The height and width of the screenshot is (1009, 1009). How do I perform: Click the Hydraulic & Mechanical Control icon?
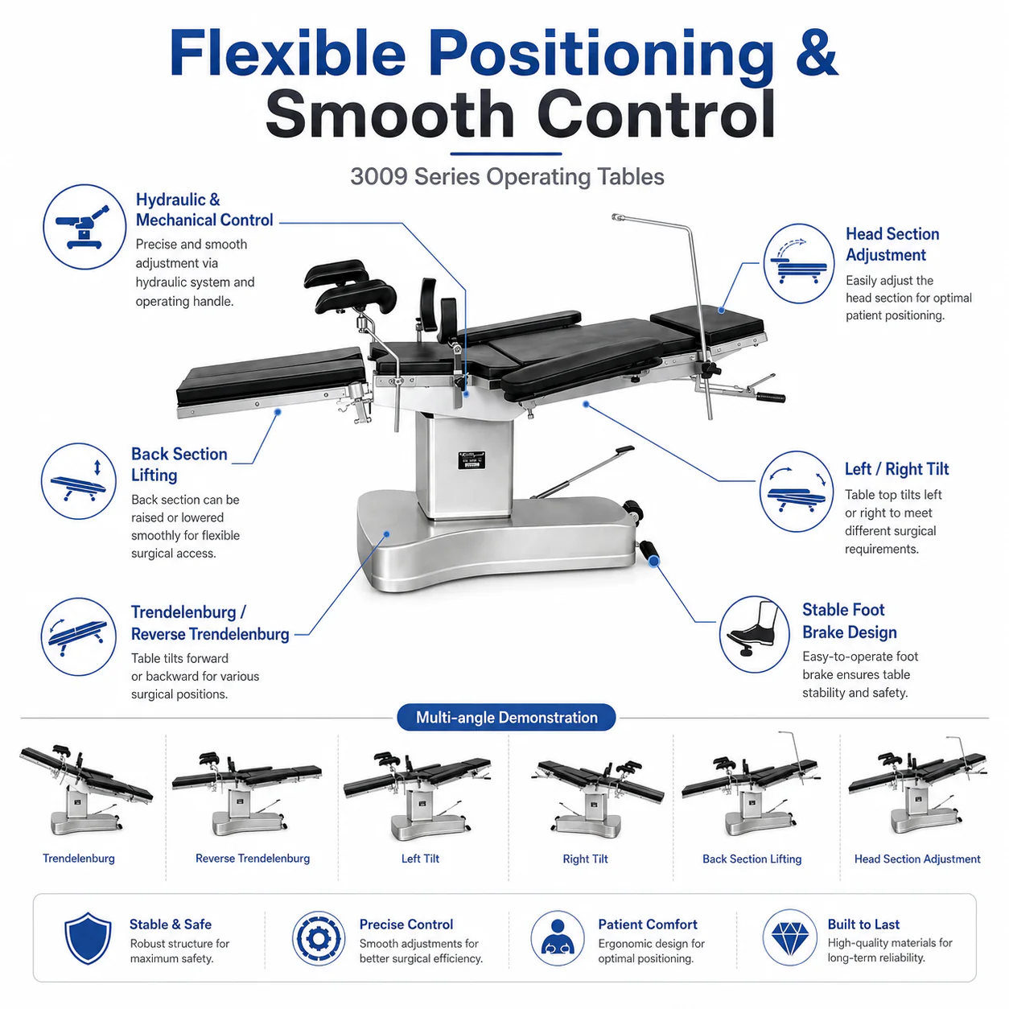click(x=84, y=227)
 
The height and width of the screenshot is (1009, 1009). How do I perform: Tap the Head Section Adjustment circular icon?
click(x=798, y=263)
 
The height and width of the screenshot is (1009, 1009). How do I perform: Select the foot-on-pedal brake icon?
click(x=753, y=633)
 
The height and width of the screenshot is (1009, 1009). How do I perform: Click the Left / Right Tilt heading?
click(x=896, y=469)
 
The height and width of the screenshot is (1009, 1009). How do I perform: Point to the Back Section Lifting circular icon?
click(x=79, y=481)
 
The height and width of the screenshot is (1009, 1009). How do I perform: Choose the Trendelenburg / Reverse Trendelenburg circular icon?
click(x=79, y=636)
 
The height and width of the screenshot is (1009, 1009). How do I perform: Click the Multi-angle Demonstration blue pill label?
click(x=506, y=717)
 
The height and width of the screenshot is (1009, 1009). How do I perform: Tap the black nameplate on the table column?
click(x=472, y=460)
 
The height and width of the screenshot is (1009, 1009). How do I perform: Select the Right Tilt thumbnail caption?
click(x=586, y=859)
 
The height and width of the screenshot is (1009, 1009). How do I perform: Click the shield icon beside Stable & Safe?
click(x=88, y=937)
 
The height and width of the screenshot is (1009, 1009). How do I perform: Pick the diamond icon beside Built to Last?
click(x=789, y=937)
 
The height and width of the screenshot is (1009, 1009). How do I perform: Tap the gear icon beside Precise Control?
click(x=319, y=937)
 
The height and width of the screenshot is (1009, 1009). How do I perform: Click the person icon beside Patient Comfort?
click(x=558, y=937)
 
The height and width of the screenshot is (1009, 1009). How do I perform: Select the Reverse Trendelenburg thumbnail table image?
click(x=247, y=794)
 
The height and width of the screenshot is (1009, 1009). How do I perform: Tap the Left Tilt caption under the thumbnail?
click(x=420, y=859)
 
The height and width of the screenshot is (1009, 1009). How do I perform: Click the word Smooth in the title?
click(x=389, y=113)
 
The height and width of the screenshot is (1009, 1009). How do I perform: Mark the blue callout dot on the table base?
click(x=386, y=534)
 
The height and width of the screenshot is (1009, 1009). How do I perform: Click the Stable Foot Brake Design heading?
click(x=850, y=621)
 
